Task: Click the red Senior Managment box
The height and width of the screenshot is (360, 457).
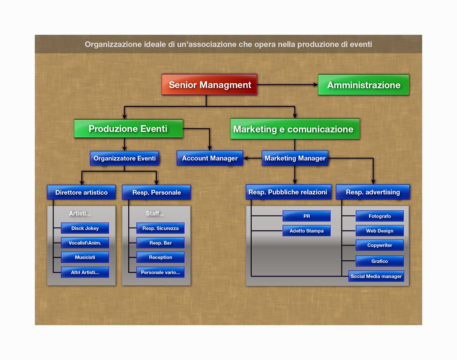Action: click(x=209, y=85)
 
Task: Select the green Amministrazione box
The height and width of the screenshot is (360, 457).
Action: click(x=364, y=85)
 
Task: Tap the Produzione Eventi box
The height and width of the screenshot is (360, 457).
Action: click(x=128, y=129)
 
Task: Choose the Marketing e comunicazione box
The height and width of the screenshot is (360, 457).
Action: click(x=295, y=129)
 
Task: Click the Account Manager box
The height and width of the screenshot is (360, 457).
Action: click(x=210, y=158)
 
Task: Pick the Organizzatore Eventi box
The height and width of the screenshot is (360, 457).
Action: click(x=125, y=158)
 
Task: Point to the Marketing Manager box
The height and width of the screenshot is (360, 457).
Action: click(x=295, y=158)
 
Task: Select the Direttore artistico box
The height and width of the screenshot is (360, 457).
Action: click(x=81, y=192)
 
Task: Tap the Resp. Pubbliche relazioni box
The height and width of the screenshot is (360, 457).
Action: click(x=288, y=192)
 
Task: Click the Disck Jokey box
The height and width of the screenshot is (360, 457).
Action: click(x=85, y=228)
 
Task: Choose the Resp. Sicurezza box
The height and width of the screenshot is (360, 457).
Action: click(x=161, y=228)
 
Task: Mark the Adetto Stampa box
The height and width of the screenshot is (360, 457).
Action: click(x=307, y=231)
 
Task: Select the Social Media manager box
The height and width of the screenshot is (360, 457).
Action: click(x=376, y=276)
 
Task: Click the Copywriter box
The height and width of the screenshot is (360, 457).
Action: click(x=380, y=245)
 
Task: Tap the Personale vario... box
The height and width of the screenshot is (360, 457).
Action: click(x=161, y=272)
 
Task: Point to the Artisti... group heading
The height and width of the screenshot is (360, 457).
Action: click(x=80, y=213)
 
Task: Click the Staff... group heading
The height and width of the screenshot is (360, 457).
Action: click(x=155, y=213)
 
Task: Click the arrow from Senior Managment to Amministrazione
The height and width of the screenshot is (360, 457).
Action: click(x=287, y=85)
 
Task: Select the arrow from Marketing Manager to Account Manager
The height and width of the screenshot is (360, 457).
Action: click(x=252, y=158)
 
